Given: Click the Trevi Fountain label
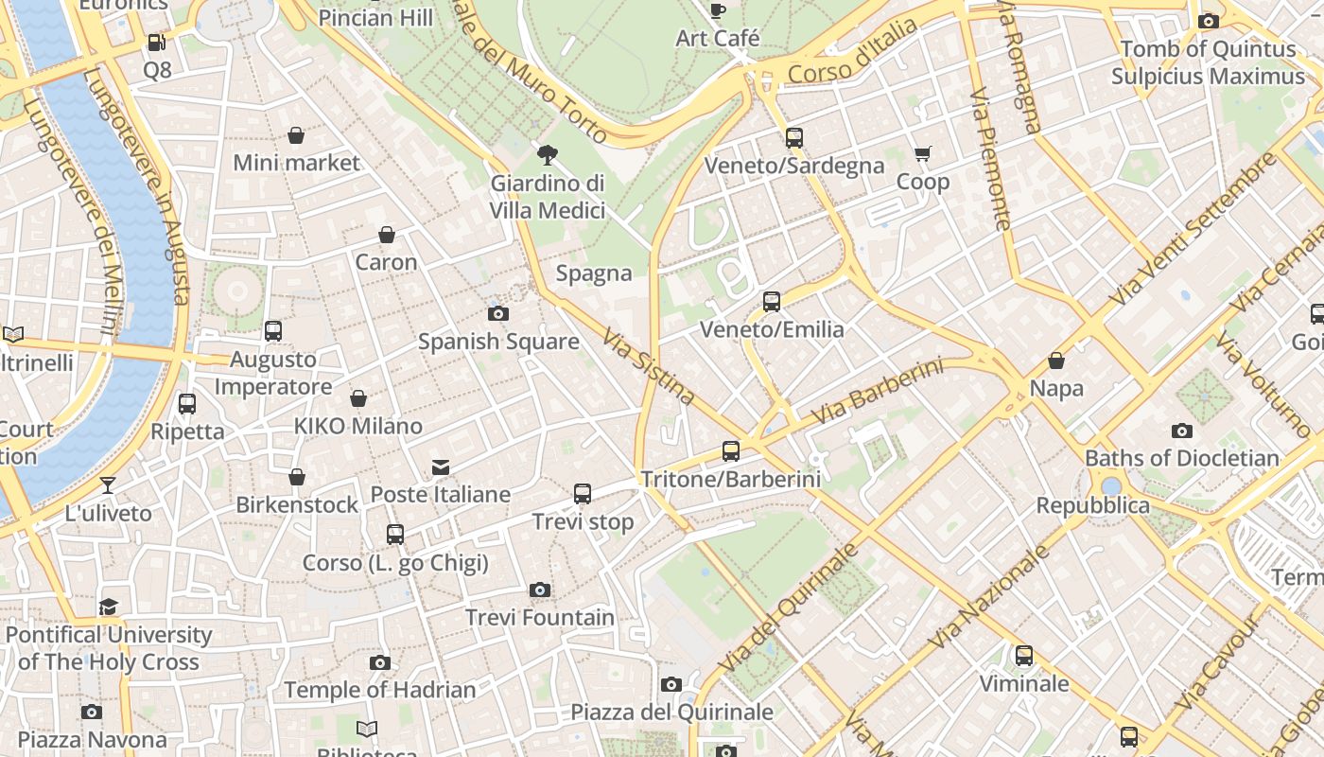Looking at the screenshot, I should [x=540, y=618].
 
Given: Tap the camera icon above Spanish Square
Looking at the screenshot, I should [x=498, y=313].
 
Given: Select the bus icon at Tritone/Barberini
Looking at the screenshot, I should [x=731, y=450].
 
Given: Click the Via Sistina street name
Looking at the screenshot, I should [x=649, y=367].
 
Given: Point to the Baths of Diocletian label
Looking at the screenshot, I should [x=1181, y=458].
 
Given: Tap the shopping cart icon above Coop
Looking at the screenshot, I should [x=923, y=153].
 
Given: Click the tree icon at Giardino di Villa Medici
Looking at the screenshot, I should [x=547, y=155].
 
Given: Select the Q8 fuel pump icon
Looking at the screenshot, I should [x=157, y=43].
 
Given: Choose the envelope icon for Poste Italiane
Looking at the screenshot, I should [x=441, y=467].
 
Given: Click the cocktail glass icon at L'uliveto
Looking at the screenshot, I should [x=108, y=485].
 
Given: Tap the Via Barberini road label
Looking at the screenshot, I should [x=878, y=391].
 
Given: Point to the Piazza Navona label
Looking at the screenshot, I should [x=92, y=739].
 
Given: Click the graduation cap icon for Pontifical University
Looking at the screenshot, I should [x=109, y=607].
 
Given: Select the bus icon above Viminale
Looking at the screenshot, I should [x=1024, y=655].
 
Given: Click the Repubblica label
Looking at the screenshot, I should [x=1092, y=505].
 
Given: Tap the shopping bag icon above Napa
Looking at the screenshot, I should [x=1056, y=361].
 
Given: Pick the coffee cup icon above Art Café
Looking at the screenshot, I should [x=718, y=10].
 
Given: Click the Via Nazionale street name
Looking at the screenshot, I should [x=989, y=597].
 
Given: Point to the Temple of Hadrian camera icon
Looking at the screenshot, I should [x=380, y=662].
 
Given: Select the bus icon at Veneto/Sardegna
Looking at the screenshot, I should [x=794, y=137].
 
